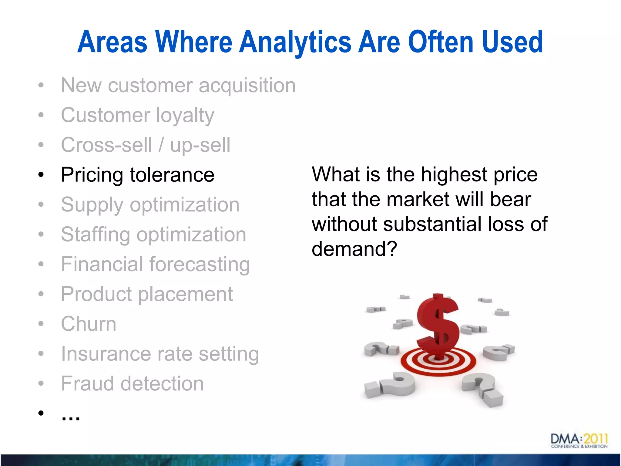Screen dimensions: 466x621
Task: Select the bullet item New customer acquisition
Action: pos(178,85)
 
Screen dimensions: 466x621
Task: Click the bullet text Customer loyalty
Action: pos(137,115)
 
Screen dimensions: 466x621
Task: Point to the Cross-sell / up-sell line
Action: pos(146,145)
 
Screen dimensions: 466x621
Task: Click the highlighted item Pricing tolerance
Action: pos(137,175)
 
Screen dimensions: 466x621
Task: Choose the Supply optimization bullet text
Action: pos(150,205)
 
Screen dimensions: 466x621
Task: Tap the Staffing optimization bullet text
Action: pos(153,235)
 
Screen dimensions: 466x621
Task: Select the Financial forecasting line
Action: pos(155,264)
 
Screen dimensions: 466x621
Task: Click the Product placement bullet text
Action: pos(147,294)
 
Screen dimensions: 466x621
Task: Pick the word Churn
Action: pos(89,324)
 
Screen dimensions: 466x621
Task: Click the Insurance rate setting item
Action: pos(160,354)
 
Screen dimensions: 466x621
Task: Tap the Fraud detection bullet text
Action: pos(132,383)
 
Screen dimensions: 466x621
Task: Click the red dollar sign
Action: pos(438,325)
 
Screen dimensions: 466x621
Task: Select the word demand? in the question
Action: pos(354,249)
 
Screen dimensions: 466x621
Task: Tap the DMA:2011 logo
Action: pos(579,441)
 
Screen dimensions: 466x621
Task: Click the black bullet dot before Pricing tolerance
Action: pos(41,175)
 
